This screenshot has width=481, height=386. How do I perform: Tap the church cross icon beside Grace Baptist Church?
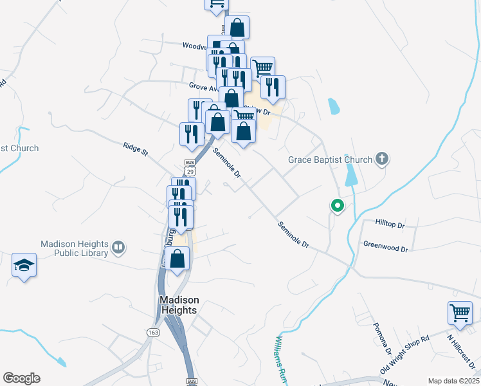click(382, 159)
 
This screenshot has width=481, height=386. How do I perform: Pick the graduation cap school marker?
click(24, 265)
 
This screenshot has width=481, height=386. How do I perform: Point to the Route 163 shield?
click(153, 331)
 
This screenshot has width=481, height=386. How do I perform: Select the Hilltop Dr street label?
click(390, 225)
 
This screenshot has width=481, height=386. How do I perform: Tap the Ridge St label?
click(136, 150)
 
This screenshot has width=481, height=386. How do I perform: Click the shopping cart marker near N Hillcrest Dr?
click(460, 313)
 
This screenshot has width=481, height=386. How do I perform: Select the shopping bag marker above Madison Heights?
click(177, 259)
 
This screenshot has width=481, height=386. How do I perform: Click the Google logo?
click(21, 378)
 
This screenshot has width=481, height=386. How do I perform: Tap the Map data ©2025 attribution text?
click(453, 381)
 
